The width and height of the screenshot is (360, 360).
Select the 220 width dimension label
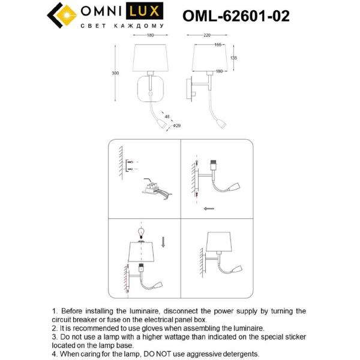[207, 35]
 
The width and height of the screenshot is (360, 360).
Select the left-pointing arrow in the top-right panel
[209, 208]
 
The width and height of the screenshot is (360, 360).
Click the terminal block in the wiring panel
[154, 187]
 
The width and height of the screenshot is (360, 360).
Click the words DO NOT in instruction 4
[164, 354]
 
